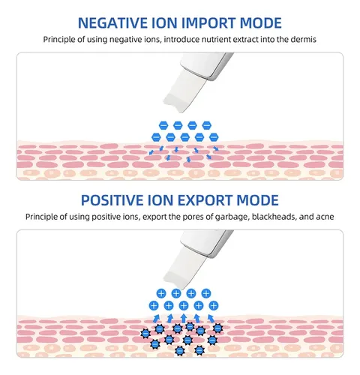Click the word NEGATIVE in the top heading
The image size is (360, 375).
[112, 23]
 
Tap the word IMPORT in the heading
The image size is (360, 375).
[208, 23]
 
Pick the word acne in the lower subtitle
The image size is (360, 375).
[325, 217]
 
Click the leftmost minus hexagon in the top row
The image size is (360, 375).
[163, 125]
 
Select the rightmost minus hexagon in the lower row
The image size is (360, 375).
[214, 137]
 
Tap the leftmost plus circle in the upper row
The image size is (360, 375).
[161, 293]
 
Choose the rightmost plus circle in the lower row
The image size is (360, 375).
[214, 305]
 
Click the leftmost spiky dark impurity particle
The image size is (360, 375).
[145, 333]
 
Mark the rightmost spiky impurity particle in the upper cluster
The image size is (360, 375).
[217, 328]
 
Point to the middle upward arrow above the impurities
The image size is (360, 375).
[184, 318]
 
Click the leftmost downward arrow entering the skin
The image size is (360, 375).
[151, 152]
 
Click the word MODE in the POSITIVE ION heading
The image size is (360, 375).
[257, 200]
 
